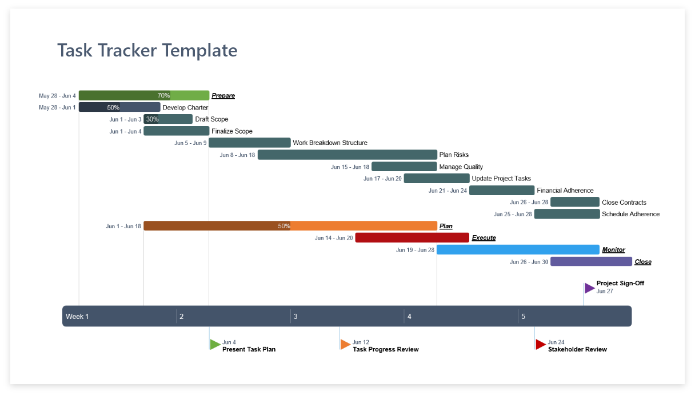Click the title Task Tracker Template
click(147, 50)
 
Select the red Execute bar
click(412, 238)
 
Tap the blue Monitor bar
click(518, 250)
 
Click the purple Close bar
click(591, 262)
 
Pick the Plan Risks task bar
click(347, 155)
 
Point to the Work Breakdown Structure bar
click(249, 143)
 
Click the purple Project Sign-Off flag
click(589, 288)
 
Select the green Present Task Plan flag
click(215, 344)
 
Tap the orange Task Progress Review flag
click(345, 344)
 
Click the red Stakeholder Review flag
click(540, 344)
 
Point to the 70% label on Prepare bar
click(163, 96)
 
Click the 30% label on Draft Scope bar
click(152, 119)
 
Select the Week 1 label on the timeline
click(77, 317)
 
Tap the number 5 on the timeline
click(523, 317)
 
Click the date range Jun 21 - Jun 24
click(448, 191)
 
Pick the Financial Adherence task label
click(565, 191)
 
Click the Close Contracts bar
click(574, 202)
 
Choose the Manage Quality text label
click(461, 167)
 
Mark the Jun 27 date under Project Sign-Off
click(605, 292)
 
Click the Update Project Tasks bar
click(436, 179)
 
